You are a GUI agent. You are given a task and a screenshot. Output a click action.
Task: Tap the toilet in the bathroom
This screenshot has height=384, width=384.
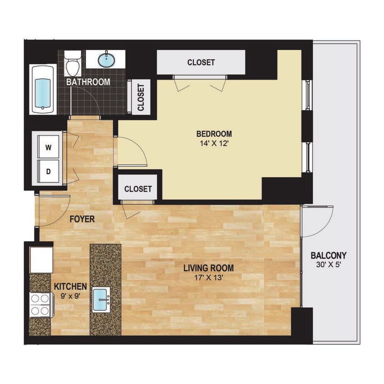(x=72, y=63)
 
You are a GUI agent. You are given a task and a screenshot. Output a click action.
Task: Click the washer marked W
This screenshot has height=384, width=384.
(x=49, y=147)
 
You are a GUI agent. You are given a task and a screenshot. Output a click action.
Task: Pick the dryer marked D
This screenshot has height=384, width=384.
(x=49, y=172)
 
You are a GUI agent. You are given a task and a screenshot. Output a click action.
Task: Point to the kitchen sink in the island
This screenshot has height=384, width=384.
(x=102, y=300)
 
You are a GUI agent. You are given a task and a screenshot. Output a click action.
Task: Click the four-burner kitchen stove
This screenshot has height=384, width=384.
(x=40, y=305)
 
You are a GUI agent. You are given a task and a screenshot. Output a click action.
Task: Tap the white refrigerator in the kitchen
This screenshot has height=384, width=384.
(x=41, y=260)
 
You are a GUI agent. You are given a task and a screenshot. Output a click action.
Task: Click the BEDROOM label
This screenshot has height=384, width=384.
(x=214, y=134)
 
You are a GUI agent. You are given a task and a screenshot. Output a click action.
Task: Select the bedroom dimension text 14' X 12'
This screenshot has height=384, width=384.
(x=214, y=143)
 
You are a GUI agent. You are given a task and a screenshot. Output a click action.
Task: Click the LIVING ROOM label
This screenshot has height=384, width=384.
(x=209, y=268)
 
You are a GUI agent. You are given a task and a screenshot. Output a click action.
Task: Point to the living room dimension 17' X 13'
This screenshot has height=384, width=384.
(x=209, y=277)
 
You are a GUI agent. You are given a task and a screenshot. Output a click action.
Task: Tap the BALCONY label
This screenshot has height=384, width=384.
(x=328, y=255)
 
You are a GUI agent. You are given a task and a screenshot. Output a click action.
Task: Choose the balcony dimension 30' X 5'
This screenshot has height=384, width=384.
(x=328, y=264)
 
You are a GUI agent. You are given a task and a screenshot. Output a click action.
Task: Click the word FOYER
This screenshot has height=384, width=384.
(x=82, y=219)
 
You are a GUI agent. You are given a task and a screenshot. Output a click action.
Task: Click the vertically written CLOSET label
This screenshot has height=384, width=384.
(x=141, y=97)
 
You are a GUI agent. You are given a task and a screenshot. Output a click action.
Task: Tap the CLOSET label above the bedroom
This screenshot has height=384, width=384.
(x=201, y=62)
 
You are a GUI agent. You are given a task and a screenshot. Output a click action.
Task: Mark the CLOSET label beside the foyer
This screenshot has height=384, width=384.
(x=137, y=189)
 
